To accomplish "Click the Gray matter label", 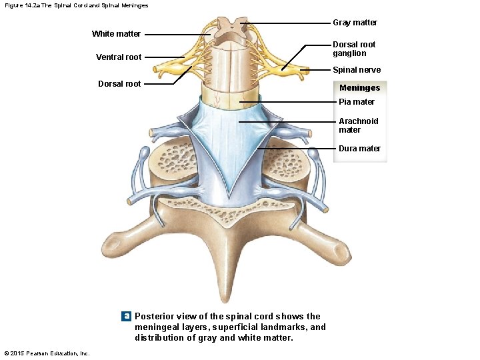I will click(355, 23).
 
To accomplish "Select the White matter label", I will click(116, 34).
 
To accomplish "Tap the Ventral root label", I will click(119, 57).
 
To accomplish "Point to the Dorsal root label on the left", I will click(119, 84).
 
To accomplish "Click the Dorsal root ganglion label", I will click(354, 49).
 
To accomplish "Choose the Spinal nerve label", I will click(357, 70).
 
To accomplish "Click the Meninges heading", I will click(359, 88).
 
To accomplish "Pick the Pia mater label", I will click(357, 102).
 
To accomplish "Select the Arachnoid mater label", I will click(358, 125).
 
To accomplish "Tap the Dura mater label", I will click(359, 149).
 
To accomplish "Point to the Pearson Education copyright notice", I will click(47, 353).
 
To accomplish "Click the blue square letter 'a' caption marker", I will click(125, 316).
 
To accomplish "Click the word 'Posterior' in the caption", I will click(155, 316).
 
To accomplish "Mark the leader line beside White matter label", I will click(177, 34).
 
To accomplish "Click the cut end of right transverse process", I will click(344, 252).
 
